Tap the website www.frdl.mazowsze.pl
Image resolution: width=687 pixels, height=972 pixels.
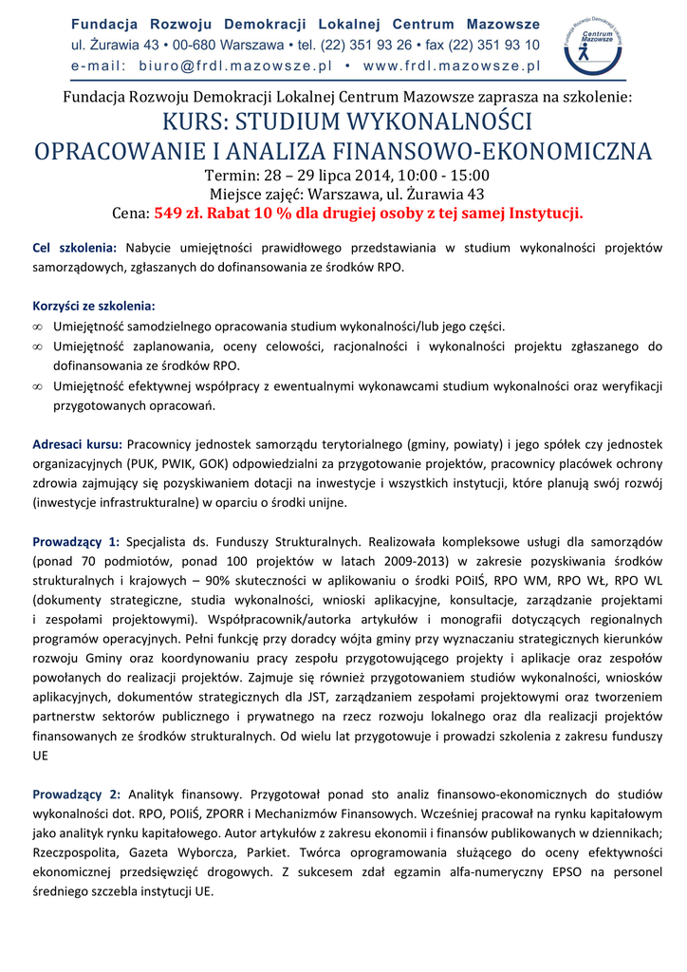(x=452, y=65)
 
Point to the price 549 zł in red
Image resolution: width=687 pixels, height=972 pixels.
(x=178, y=213)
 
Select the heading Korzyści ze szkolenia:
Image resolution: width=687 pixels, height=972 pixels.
(x=94, y=307)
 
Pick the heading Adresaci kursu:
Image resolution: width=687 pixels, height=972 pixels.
(x=77, y=443)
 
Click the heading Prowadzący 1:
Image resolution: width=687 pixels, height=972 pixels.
(x=76, y=542)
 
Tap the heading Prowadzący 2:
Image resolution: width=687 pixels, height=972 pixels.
(x=76, y=794)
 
